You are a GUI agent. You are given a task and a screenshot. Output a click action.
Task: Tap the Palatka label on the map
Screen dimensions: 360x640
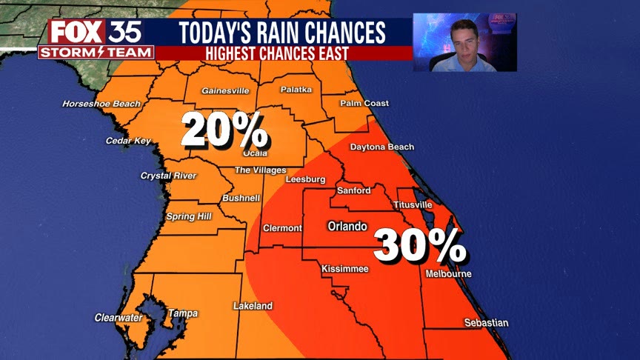pos(296,90)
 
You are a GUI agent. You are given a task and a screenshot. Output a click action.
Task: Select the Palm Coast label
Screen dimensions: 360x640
pos(364,104)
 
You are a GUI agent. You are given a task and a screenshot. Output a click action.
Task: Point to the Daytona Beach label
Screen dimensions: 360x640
pos(381,147)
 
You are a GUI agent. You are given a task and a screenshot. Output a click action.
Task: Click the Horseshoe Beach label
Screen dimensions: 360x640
pos(101,104)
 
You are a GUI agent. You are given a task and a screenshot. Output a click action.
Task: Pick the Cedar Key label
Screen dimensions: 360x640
pos(128,141)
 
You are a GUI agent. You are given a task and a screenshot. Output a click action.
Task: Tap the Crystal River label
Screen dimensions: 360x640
pos(168,176)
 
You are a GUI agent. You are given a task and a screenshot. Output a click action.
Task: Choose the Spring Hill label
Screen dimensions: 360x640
pos(188,216)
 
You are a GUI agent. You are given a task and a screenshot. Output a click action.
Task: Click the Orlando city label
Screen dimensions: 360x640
pos(347,226)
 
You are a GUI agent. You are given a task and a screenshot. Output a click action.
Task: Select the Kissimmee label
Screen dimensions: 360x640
pos(344,269)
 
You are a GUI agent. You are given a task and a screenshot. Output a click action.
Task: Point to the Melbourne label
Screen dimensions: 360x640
pos(449,274)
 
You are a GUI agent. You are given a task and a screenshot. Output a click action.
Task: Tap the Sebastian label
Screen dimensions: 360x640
pos(486,323)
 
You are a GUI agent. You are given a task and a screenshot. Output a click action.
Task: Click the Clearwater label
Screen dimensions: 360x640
pos(119,318)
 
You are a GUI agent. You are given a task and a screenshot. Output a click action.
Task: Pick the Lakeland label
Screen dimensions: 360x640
pos(253,306)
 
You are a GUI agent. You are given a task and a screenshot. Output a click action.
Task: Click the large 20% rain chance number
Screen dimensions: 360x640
pos(224,131)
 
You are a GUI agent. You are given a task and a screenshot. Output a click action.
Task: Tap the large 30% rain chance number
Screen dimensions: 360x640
pos(419,245)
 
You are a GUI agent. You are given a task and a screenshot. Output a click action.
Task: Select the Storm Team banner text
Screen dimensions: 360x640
pos(96,53)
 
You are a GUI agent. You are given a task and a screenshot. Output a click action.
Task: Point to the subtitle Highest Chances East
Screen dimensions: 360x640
pos(283,53)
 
